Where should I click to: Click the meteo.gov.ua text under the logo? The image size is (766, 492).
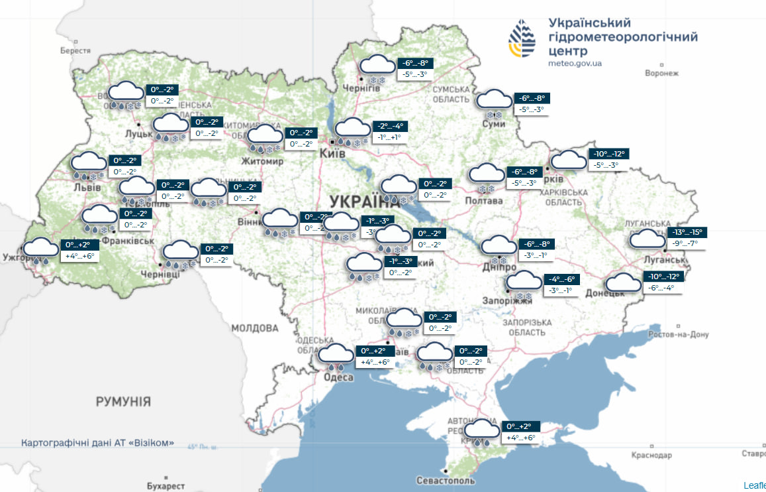coord(575,64)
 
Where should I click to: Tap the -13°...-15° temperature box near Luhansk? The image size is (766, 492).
coord(688,233)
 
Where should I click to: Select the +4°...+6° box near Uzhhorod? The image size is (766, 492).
coord(79,255)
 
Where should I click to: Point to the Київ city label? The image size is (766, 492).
coord(332,153)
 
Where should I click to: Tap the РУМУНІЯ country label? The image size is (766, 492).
coord(123,401)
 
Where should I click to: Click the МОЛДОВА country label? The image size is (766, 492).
coord(255,328)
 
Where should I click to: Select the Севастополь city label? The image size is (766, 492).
coord(446,479)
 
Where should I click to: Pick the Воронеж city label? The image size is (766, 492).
coord(661,73)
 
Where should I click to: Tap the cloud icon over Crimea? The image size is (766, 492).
coord(480,431)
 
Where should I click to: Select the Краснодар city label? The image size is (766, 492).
coord(651,455)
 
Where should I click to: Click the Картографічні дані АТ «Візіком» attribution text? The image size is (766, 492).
coord(98,442)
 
